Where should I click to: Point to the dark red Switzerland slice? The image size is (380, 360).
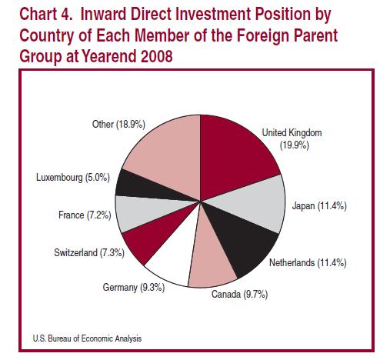coord(152,236)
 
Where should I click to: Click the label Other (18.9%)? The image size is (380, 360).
coord(118,125)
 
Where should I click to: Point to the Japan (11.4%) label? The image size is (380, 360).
coord(319,206)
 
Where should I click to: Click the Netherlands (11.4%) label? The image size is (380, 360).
coord(308,263)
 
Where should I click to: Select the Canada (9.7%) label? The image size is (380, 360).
coord(239,295)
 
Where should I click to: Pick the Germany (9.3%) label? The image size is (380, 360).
coord(134,288)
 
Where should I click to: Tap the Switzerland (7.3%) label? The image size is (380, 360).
coord(89,253)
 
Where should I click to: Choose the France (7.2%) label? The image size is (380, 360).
coord(85,215)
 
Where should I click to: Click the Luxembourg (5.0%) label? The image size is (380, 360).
coord(73,178)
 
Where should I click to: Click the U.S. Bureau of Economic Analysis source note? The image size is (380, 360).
coord(87,338)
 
